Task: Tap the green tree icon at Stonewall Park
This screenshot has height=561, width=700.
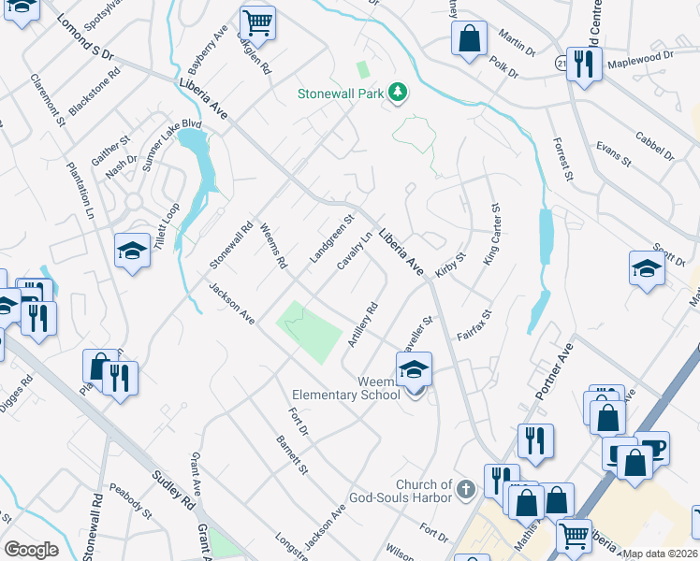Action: point(400,92)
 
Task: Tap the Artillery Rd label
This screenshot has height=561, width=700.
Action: point(362,324)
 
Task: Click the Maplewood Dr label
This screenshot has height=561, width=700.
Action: point(641,58)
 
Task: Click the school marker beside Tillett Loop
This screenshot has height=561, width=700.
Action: point(133,250)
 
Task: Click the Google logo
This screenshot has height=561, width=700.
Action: point(31,550)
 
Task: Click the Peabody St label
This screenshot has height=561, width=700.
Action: point(130,500)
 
